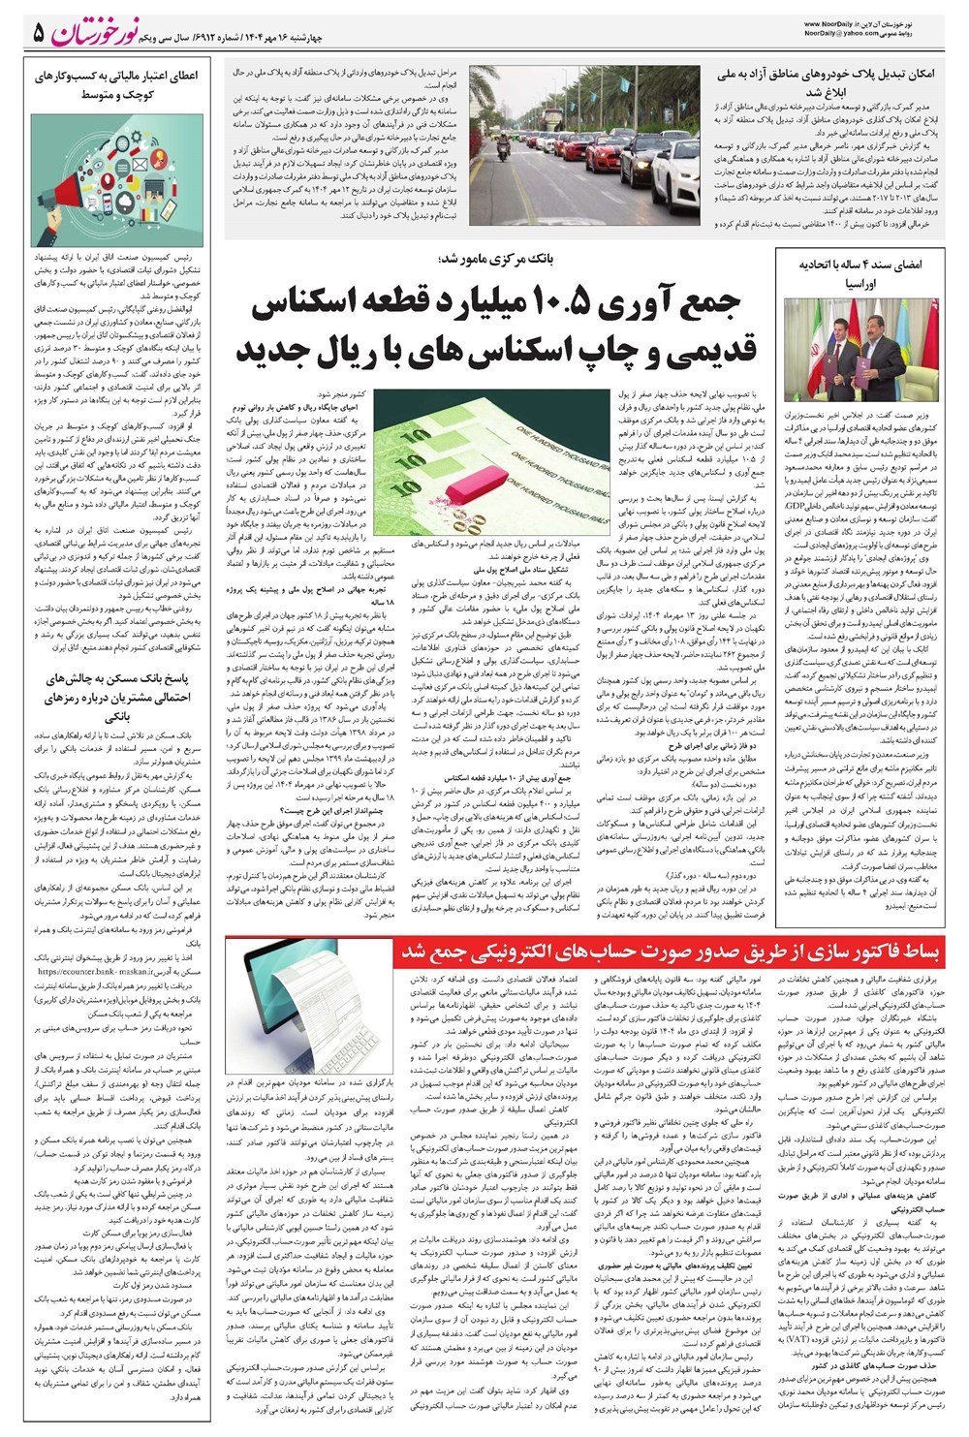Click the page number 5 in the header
click(38, 34)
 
